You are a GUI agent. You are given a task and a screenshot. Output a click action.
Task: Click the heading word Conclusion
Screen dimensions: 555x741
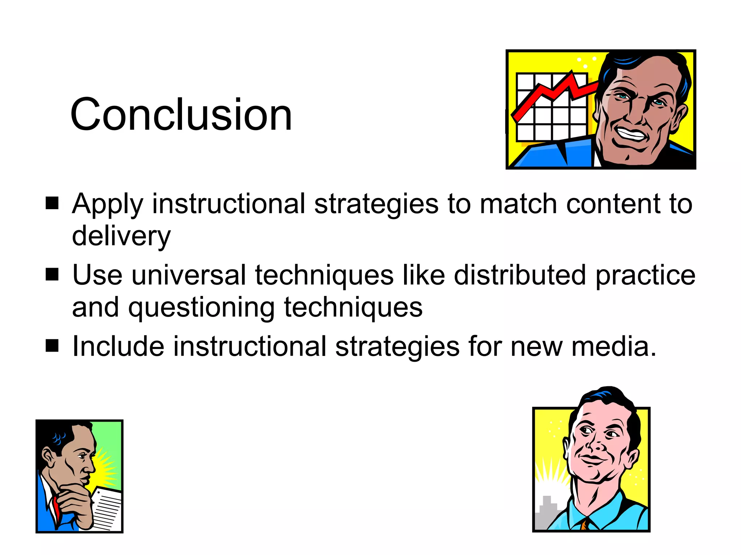click(x=181, y=115)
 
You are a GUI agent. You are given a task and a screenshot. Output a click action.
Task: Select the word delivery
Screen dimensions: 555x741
click(x=121, y=236)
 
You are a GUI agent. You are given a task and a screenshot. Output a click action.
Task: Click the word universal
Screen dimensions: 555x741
click(x=189, y=275)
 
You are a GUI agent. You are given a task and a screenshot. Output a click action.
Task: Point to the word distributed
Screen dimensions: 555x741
click(x=520, y=275)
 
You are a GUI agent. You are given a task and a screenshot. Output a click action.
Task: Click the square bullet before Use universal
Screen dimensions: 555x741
click(x=52, y=275)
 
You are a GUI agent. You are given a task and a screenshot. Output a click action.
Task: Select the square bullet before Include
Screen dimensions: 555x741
click(x=52, y=346)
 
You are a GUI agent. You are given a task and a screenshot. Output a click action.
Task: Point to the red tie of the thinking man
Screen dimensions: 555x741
click(x=55, y=506)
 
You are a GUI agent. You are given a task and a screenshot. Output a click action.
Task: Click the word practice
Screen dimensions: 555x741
click(x=645, y=275)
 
